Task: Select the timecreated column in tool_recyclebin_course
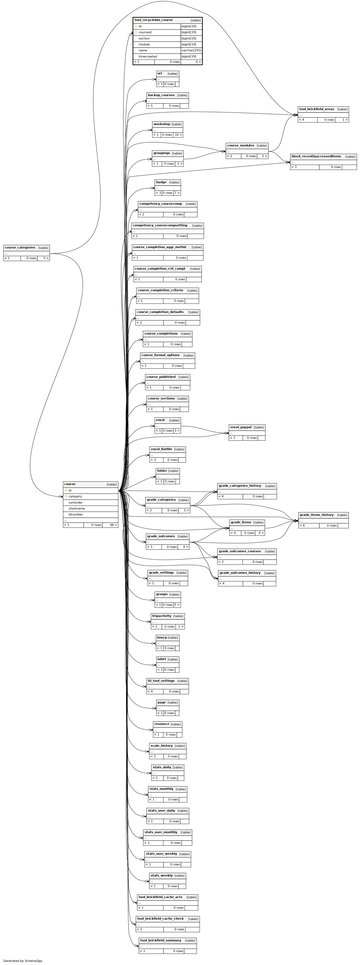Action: pos(148,56)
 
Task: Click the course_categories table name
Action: pos(20,248)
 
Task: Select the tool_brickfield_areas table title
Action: pos(316,109)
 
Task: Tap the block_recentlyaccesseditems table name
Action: pos(316,156)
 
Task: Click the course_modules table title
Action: pos(240,145)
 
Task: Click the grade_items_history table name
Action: pos(316,515)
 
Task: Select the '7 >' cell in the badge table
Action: pos(177,193)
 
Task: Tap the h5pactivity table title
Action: pos(161,616)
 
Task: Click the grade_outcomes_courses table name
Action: pos(240,551)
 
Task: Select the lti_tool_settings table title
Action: pos(161,681)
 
